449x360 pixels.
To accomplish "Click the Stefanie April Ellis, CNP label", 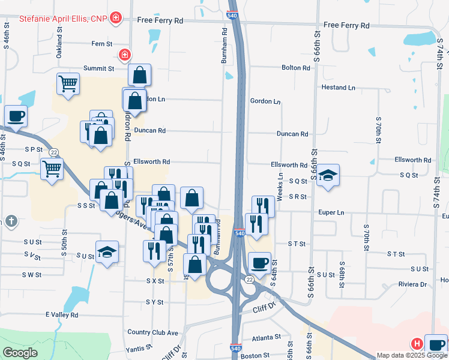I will [x=62, y=19].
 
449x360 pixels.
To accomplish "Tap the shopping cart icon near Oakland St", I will [x=68, y=83].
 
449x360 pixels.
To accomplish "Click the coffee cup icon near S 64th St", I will [x=259, y=263].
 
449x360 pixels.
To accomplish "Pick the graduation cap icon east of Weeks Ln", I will [x=328, y=175].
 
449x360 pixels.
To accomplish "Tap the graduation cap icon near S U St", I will [x=107, y=252].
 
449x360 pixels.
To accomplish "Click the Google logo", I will [x=20, y=353].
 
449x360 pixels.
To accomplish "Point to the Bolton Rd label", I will [x=296, y=68].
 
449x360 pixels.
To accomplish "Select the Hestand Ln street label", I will [x=339, y=87].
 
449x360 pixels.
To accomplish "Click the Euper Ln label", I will [x=332, y=212].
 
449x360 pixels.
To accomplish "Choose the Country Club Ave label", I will [x=153, y=332].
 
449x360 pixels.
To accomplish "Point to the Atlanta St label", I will [x=266, y=338].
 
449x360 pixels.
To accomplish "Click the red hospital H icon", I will [x=415, y=344].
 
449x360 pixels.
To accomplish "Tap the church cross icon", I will [x=10, y=221].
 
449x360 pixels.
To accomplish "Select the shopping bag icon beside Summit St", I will [x=139, y=75].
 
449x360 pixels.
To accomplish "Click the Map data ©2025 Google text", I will [x=412, y=355].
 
